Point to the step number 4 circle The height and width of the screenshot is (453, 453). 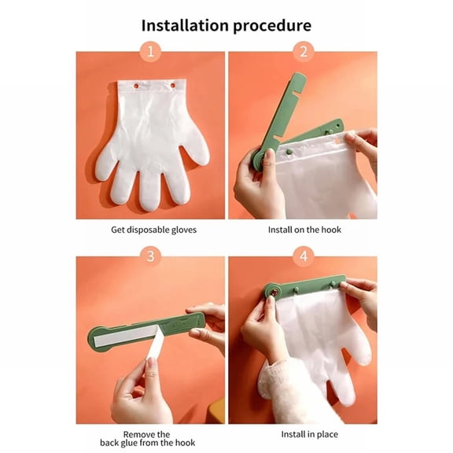(x=303, y=256)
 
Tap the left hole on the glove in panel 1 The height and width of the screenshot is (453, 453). (x=134, y=84)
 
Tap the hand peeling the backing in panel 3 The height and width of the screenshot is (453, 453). (x=140, y=389)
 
